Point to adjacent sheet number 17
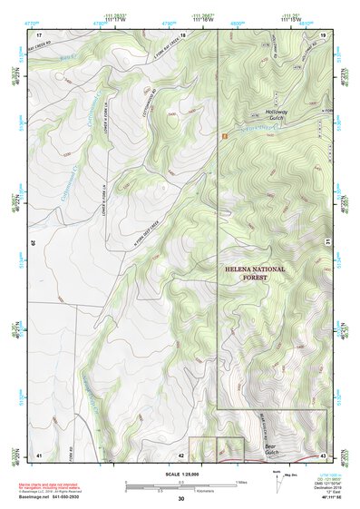39,34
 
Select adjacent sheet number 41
39,454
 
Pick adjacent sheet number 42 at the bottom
181,454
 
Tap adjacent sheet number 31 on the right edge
327,240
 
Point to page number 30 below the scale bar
181,499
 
